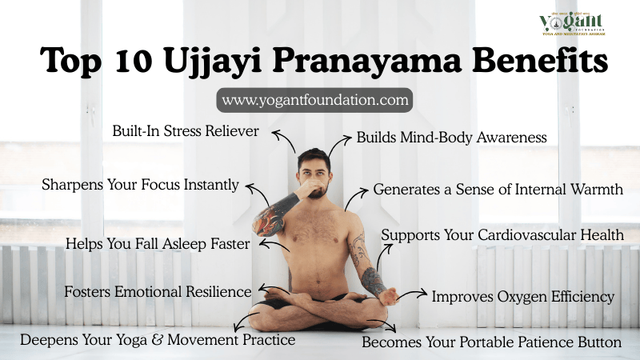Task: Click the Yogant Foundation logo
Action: point(572,23)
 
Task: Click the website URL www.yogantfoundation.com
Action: point(314,101)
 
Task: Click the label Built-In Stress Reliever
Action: point(186,130)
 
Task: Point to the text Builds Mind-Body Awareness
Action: point(451,137)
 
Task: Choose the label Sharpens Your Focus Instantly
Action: point(140,185)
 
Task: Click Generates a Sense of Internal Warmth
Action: point(498,190)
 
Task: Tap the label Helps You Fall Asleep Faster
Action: point(158,243)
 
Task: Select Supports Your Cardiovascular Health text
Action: point(502,235)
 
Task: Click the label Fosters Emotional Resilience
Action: point(158,292)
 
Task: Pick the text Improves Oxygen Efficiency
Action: point(523,297)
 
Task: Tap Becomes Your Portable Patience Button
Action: point(491,342)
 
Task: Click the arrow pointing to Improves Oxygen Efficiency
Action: point(413,296)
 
